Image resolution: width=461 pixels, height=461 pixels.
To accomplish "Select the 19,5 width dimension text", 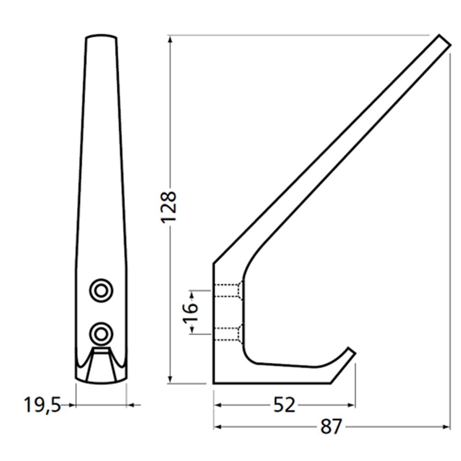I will point(42,405).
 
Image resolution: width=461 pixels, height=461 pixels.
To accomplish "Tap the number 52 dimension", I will point(284,405).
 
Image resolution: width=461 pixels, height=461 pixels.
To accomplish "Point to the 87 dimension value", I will point(331,427).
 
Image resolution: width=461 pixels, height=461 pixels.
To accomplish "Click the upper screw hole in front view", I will point(101,290).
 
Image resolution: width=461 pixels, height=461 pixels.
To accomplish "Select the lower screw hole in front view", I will point(101,332).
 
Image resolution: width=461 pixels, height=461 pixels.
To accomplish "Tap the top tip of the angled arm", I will point(443,41).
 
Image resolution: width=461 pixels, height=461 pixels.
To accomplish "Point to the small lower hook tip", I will point(351,353).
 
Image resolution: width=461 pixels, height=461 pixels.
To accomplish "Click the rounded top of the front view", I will point(101,36).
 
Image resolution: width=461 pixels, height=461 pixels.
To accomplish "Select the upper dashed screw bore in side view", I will point(227,291).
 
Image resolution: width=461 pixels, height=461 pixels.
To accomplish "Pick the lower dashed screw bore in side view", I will point(227,333).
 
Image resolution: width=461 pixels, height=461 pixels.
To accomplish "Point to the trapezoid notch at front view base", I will point(101,366).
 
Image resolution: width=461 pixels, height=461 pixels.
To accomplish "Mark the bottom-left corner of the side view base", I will point(214,382).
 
